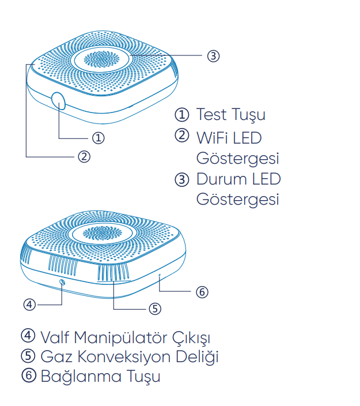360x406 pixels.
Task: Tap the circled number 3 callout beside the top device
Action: (x=213, y=55)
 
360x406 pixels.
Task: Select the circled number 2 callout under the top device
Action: (x=84, y=156)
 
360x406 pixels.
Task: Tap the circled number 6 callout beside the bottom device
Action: (x=201, y=292)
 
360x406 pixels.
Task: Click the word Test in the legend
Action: (x=211, y=114)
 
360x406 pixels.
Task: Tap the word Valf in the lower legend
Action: (x=55, y=336)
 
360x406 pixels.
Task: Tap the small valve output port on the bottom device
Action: (x=62, y=282)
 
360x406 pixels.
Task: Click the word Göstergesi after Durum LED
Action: (x=237, y=199)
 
